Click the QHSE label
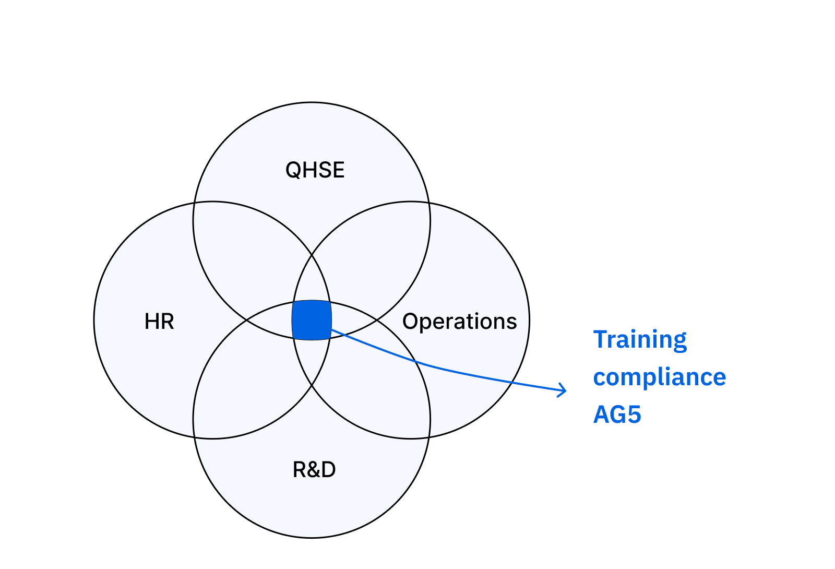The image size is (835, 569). (x=315, y=170)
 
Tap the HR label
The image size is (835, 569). (x=159, y=322)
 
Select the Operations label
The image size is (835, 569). (x=460, y=322)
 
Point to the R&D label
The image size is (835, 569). (x=314, y=469)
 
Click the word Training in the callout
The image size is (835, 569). (x=640, y=340)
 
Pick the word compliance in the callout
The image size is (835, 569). (x=660, y=377)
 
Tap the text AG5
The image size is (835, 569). (x=617, y=414)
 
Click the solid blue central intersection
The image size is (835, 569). (x=312, y=321)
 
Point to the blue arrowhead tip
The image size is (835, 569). (x=566, y=390)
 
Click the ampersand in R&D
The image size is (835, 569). (x=314, y=469)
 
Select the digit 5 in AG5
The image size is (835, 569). (x=634, y=414)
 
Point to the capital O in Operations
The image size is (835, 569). (x=411, y=321)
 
